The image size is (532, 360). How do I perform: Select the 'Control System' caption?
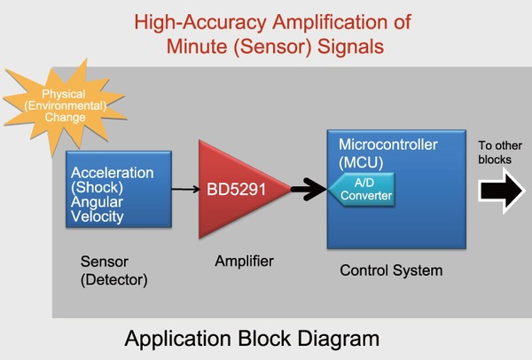pos(391,270)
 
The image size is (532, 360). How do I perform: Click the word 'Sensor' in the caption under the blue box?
pos(103,262)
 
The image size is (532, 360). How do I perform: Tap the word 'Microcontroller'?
pos(387,145)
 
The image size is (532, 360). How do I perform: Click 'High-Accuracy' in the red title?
pos(192,20)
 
